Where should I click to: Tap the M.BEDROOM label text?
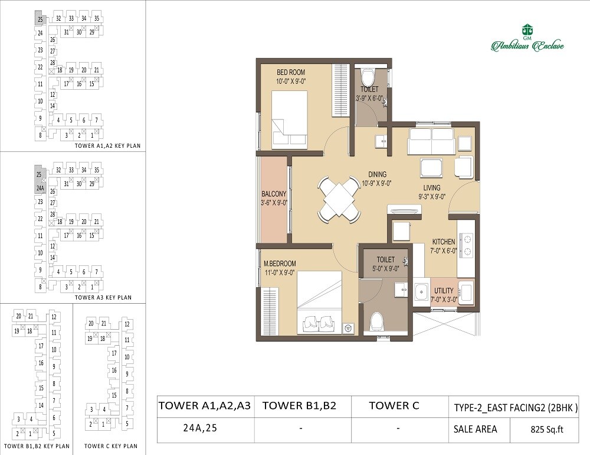(280, 264)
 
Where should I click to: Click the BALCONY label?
(274, 194)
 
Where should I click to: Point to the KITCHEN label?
(443, 242)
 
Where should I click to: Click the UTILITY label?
(444, 290)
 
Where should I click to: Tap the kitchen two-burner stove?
(466, 246)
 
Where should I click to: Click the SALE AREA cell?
(474, 430)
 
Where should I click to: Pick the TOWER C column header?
(394, 405)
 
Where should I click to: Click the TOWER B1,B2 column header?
(299, 405)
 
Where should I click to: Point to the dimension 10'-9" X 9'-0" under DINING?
(377, 183)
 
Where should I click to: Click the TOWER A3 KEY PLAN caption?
(103, 298)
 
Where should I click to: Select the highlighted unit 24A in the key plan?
(40, 188)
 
